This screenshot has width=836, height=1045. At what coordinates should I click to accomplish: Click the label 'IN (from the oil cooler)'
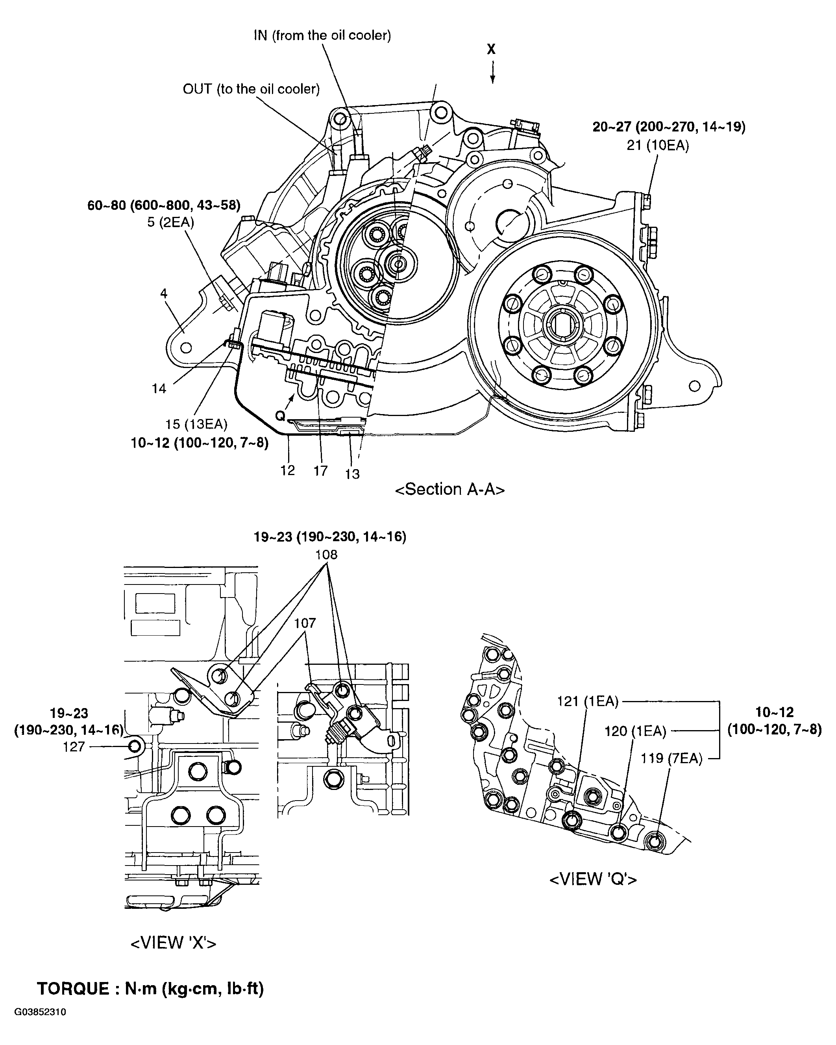[322, 35]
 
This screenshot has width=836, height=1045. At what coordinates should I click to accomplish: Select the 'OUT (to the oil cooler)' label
[251, 89]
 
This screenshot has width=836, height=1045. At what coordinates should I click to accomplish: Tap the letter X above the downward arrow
[492, 49]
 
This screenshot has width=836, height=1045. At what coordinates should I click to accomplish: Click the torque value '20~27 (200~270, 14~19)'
[669, 127]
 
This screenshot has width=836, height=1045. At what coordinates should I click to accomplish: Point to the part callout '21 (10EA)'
[658, 145]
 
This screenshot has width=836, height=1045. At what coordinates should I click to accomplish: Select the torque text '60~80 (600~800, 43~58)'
[164, 205]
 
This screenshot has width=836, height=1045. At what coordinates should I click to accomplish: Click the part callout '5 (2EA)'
[170, 222]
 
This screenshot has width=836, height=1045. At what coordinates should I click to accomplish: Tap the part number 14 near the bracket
[159, 388]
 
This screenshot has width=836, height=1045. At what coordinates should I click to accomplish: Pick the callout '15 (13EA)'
[196, 424]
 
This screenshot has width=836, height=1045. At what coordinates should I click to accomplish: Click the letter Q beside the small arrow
[280, 415]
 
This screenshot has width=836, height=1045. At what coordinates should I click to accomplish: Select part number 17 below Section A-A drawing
[320, 471]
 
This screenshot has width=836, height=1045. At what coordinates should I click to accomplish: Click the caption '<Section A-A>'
[450, 490]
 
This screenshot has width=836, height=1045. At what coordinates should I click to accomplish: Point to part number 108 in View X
[326, 555]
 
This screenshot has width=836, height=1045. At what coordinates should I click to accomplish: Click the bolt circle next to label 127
[134, 746]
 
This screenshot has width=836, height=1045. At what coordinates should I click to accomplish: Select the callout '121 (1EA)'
[587, 701]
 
